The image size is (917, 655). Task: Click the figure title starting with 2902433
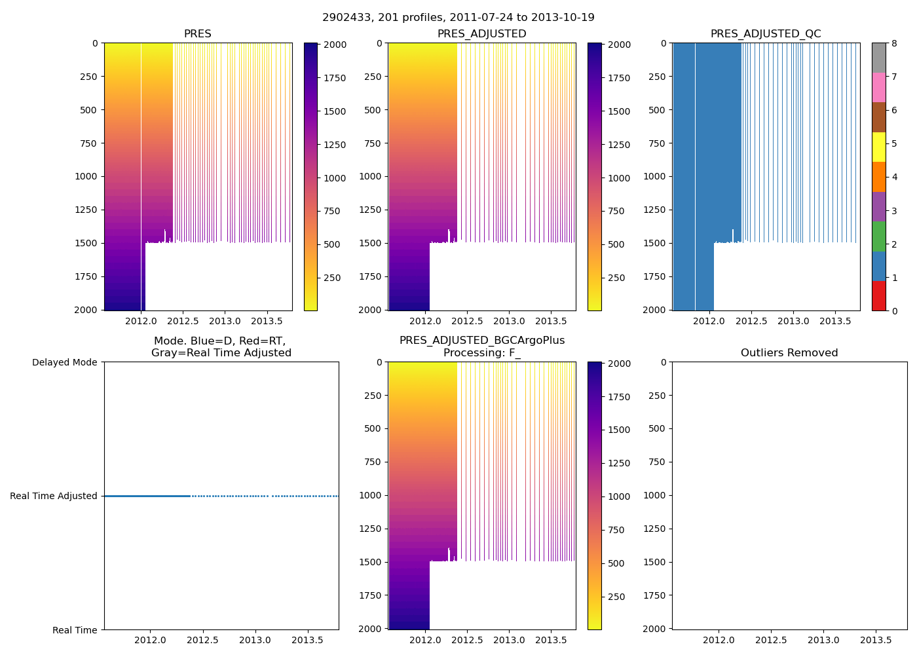coord(458,18)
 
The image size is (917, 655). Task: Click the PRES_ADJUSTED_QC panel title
coord(766,34)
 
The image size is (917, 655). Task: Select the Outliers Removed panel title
coord(789,353)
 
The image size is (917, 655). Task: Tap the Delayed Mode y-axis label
coord(64,362)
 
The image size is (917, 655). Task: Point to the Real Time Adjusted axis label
coord(53,496)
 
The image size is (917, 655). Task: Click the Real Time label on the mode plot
coord(75,630)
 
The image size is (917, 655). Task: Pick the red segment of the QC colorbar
coord(878,296)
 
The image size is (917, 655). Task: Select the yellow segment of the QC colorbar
coord(878,147)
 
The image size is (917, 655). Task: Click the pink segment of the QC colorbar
coord(878,88)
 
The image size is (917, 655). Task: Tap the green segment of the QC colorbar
coord(878,236)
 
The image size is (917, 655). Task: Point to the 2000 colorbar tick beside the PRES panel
coord(335,45)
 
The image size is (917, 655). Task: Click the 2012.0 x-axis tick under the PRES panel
coord(141,321)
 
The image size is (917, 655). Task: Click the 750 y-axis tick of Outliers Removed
coord(657,462)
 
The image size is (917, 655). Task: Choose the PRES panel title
coord(197,34)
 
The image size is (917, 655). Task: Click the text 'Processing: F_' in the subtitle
coord(482,353)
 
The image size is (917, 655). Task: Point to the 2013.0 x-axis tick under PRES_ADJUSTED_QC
coord(793,321)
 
